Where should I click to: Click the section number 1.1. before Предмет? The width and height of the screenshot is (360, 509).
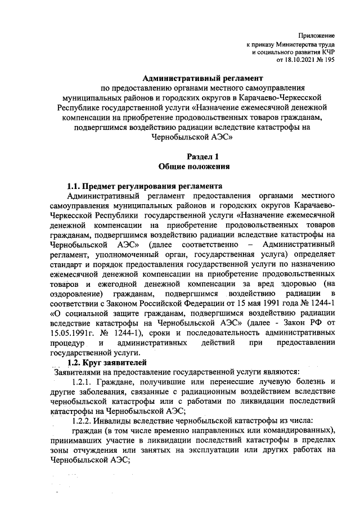click(74, 186)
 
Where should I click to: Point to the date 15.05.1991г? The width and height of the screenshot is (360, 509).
click(75, 333)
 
